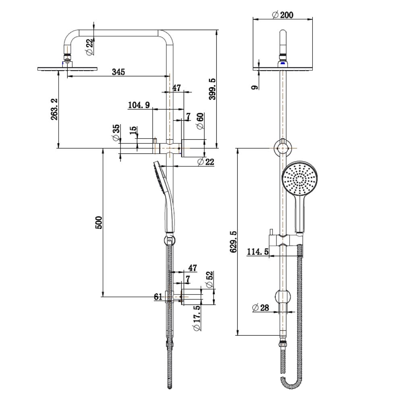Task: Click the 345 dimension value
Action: point(118,72)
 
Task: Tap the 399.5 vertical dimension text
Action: point(213,89)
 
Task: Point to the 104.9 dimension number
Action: point(139,105)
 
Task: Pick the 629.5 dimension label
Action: point(233,242)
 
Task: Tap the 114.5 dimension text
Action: point(258,251)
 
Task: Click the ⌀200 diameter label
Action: point(283,15)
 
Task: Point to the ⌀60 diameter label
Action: point(200,121)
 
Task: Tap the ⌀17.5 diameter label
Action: point(197,318)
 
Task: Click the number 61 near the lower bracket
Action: point(158,297)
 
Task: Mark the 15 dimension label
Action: point(133,131)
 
